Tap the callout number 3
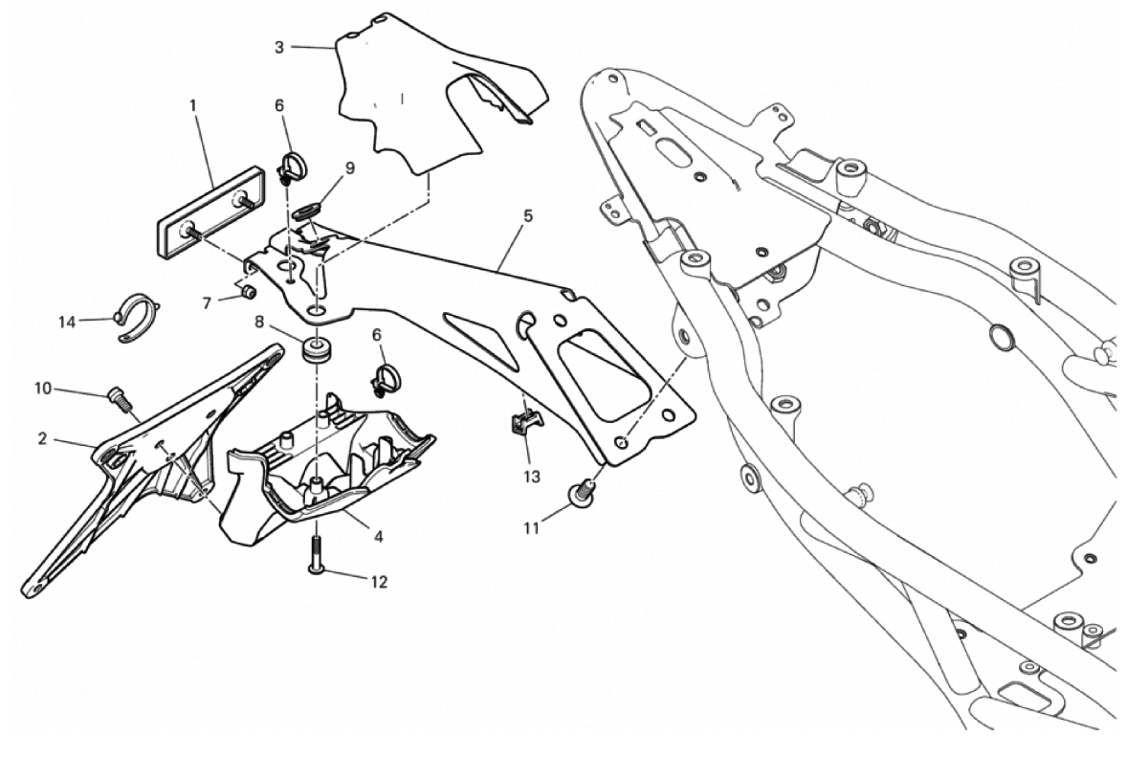pos(279,46)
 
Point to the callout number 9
pos(349,168)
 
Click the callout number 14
pos(66,322)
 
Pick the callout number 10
pos(42,389)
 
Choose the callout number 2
pos(42,439)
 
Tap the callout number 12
pos(379,582)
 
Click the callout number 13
pos(532,475)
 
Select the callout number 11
pos(532,526)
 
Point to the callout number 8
pos(259,323)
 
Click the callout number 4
pos(379,536)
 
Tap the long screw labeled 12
pos(316,556)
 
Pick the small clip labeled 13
pos(522,423)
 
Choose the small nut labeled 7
pos(247,291)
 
